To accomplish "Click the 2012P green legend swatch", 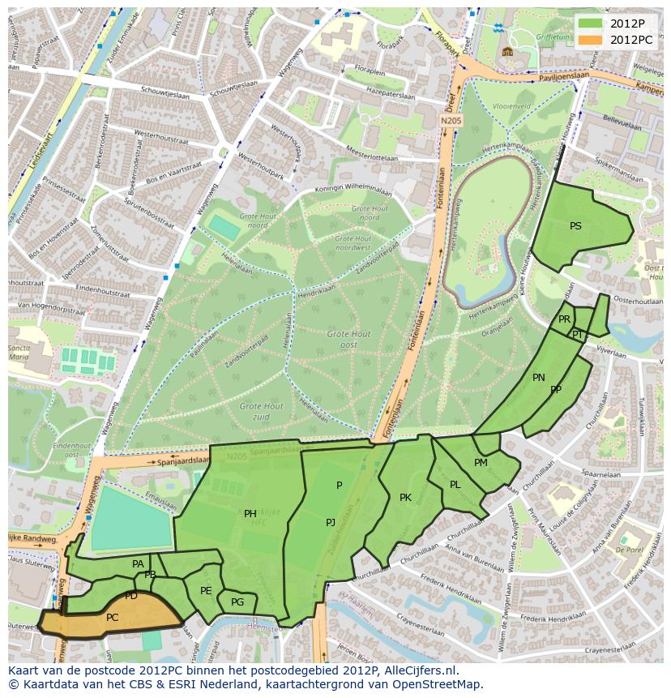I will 591,23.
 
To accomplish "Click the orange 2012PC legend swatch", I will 591,39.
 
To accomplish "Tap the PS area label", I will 575,226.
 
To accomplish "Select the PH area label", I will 250,513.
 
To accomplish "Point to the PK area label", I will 405,497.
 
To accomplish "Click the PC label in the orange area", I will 113,617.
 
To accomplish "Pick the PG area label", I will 237,602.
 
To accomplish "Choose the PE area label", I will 206,590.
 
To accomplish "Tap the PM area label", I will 481,462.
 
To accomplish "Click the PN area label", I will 539,377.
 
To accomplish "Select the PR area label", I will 564,319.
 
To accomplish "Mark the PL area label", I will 455,484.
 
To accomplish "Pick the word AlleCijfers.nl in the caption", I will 420,670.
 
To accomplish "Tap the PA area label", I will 138,563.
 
